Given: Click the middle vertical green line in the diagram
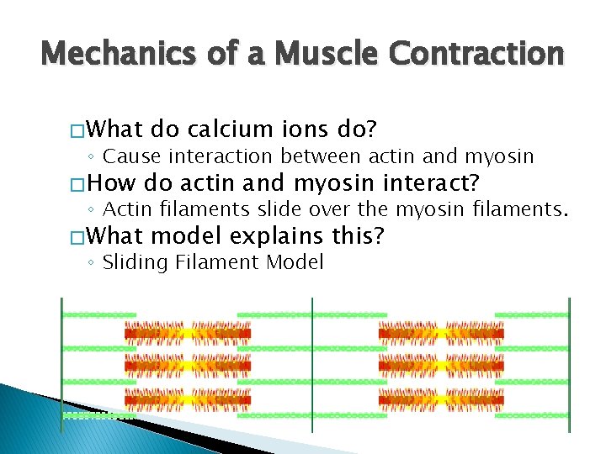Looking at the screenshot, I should click(x=312, y=362).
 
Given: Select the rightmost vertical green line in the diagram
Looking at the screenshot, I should click(x=569, y=362).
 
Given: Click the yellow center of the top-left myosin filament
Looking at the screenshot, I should click(x=188, y=333).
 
